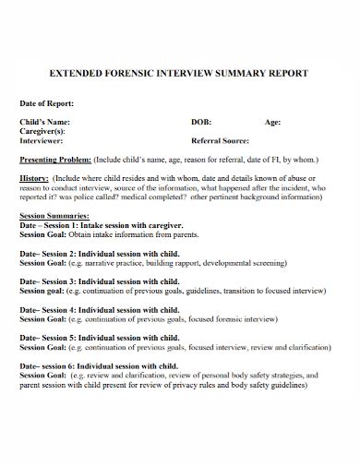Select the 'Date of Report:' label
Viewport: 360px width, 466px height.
tap(46, 103)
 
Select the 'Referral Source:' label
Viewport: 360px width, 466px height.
tap(222, 141)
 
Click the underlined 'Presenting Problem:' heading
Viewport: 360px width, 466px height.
tap(57, 157)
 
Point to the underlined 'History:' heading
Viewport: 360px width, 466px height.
tap(34, 177)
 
